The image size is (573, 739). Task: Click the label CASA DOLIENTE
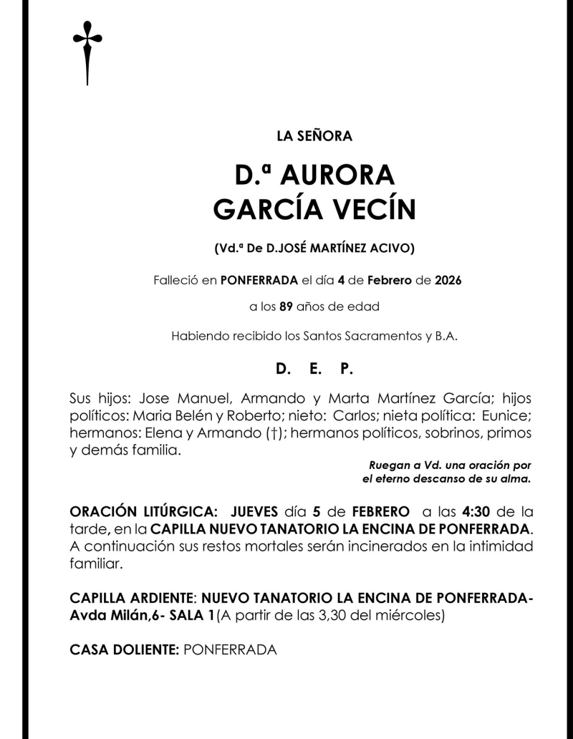click(x=124, y=649)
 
